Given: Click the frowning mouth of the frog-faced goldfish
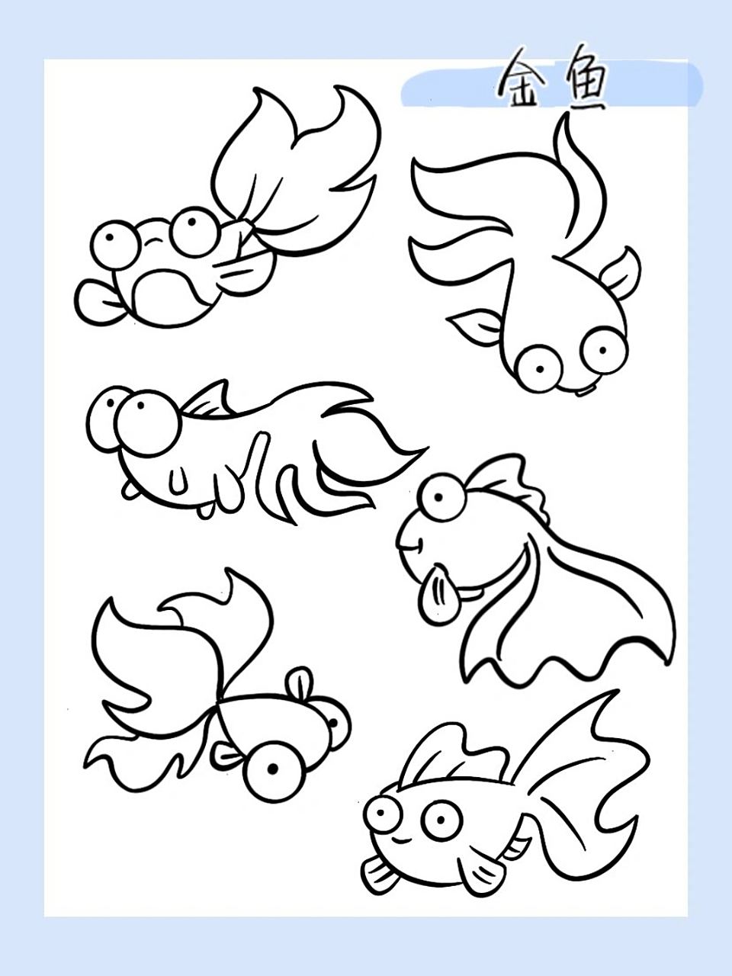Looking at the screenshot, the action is pyautogui.click(x=154, y=242).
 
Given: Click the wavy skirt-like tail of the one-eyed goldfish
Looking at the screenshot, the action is pyautogui.click(x=569, y=622).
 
